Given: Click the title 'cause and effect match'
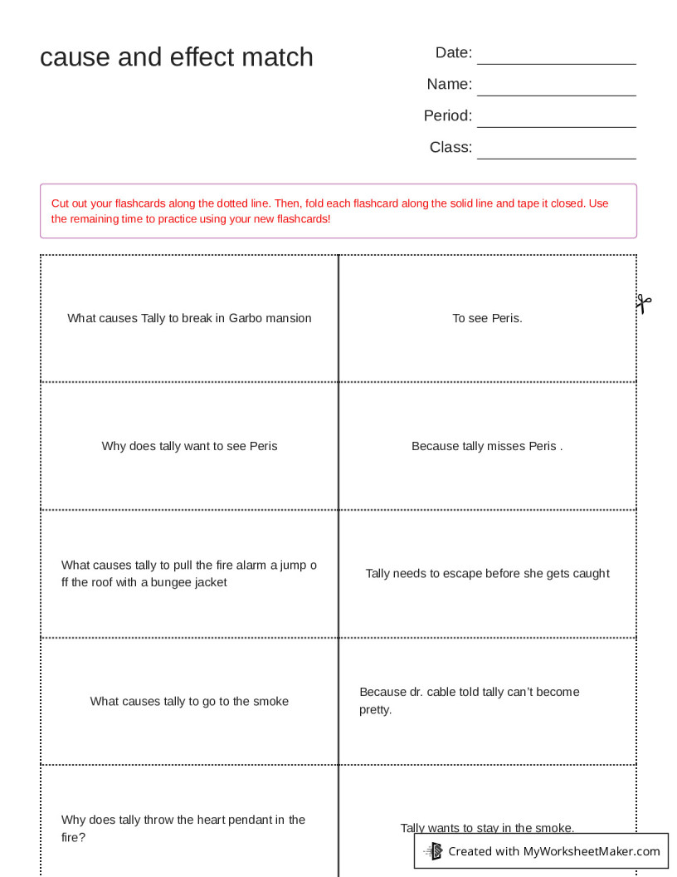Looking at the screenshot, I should (177, 56).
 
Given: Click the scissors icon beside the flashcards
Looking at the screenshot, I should (644, 303).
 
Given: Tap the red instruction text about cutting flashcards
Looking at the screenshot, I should (329, 211).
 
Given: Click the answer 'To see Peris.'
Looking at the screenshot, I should (487, 318).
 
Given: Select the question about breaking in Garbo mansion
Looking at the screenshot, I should (189, 318).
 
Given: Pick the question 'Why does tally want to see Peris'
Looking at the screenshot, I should (189, 446).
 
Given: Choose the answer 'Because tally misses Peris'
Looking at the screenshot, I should (487, 446).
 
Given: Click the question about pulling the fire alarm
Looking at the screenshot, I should (189, 574).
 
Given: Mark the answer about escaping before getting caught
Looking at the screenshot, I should (487, 573).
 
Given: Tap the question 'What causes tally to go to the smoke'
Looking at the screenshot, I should (189, 701).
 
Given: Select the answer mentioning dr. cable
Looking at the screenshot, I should (470, 700).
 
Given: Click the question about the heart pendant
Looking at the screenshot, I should (183, 828).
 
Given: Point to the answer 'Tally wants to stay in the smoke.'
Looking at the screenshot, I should (487, 827).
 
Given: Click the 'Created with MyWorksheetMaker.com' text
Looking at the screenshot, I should (554, 851).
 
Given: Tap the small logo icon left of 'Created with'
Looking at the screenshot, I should (433, 851).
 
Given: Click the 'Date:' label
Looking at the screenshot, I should (454, 53).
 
